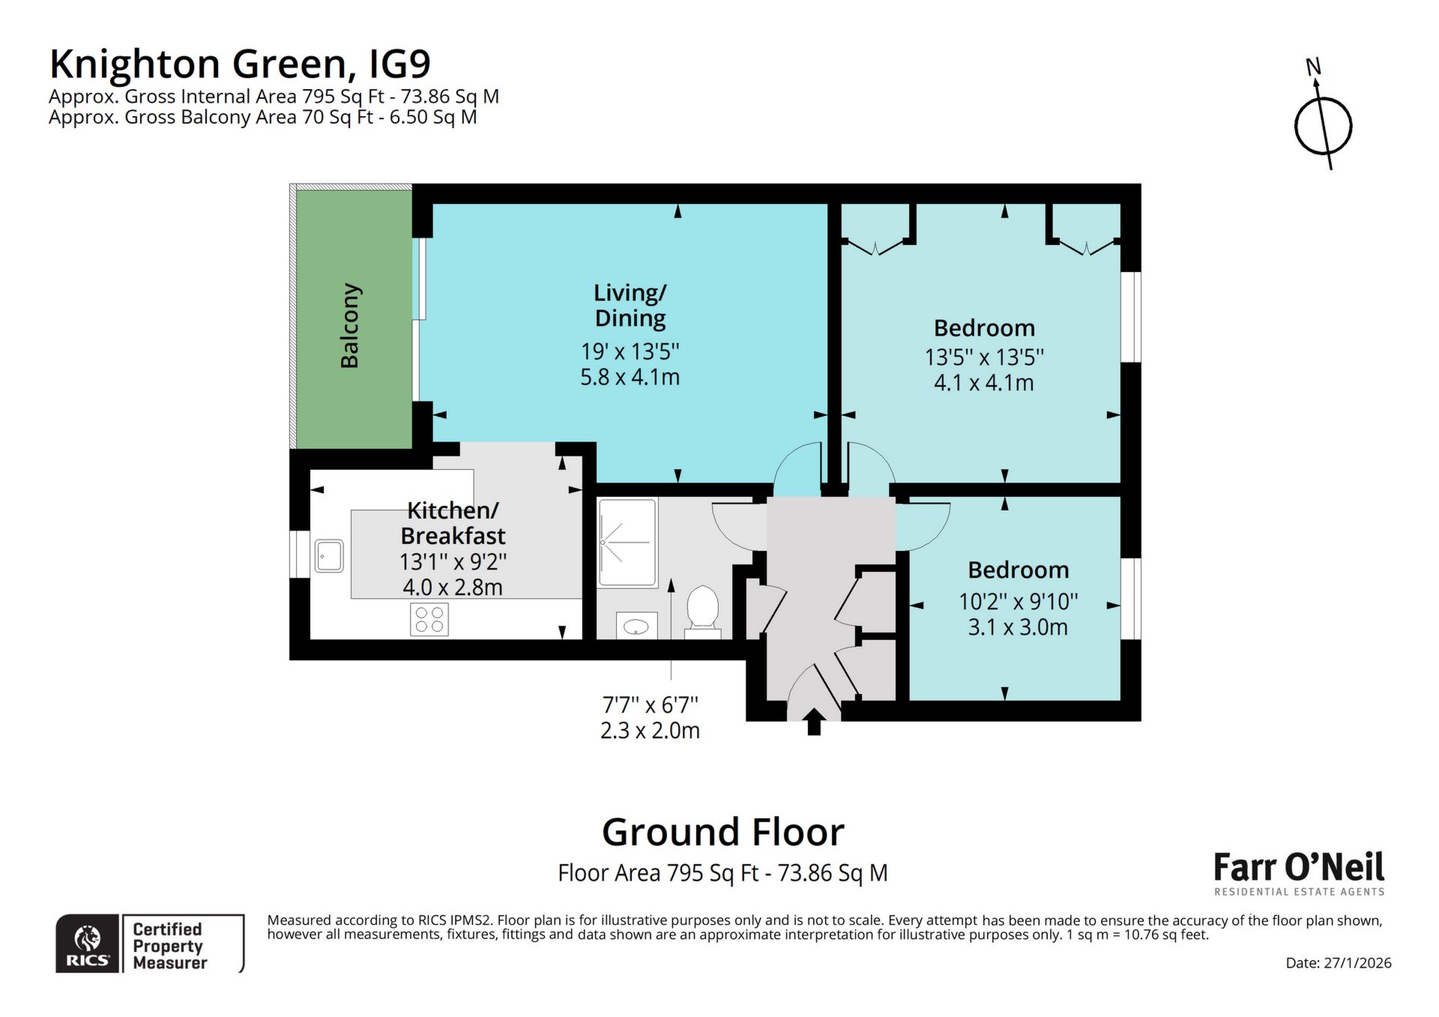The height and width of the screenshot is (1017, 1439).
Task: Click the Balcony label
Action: pos(350,325)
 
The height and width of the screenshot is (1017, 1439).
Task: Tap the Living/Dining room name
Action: pos(630,305)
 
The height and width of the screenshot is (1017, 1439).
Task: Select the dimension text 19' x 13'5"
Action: pos(630,351)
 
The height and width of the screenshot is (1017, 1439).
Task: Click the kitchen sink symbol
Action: pos(329,556)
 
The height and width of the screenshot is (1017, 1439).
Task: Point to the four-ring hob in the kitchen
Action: pos(429,620)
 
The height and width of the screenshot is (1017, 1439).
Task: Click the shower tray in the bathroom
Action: pos(627,542)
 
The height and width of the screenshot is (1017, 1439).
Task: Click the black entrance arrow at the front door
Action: pos(814,722)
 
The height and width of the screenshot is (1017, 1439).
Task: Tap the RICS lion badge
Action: pos(88,944)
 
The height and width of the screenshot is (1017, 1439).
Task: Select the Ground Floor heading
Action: pos(722,832)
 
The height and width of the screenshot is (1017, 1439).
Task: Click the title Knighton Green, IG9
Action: pos(240,64)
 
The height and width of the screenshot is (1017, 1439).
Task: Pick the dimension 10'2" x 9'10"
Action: pos(1018,602)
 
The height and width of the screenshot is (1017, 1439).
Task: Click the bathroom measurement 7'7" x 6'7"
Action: pos(650,705)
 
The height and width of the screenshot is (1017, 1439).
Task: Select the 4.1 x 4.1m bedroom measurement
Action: pos(983,383)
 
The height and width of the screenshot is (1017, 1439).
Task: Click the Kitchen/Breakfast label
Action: pos(453,523)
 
